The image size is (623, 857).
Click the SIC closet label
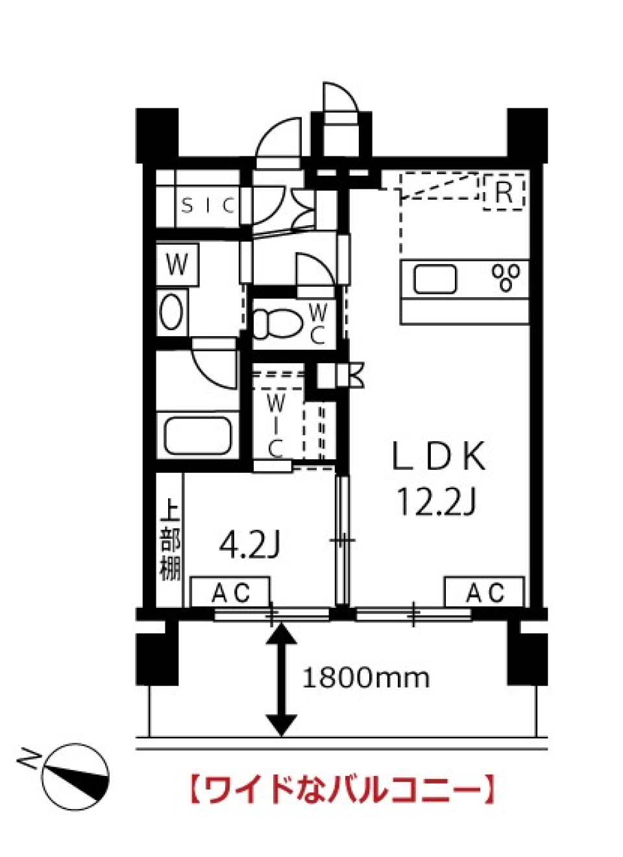(x=208, y=206)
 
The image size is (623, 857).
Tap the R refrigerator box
(x=504, y=193)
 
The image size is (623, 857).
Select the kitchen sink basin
(x=435, y=280)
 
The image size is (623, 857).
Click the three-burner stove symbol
(x=506, y=278)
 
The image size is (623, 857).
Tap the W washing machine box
(x=177, y=264)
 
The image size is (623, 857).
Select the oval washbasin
(x=171, y=313)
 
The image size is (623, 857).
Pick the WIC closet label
(x=276, y=425)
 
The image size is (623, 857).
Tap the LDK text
(x=439, y=457)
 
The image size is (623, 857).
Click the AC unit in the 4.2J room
(x=230, y=592)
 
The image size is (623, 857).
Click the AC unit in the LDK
(x=484, y=592)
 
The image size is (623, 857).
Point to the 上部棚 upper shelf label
(x=170, y=539)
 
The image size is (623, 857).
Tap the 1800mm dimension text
(x=365, y=678)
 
